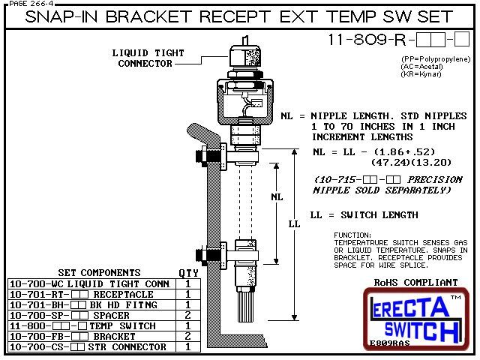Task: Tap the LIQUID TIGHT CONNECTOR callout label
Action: (x=145, y=58)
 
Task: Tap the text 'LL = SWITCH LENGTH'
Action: (x=364, y=215)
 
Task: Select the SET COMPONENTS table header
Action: (x=98, y=272)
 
